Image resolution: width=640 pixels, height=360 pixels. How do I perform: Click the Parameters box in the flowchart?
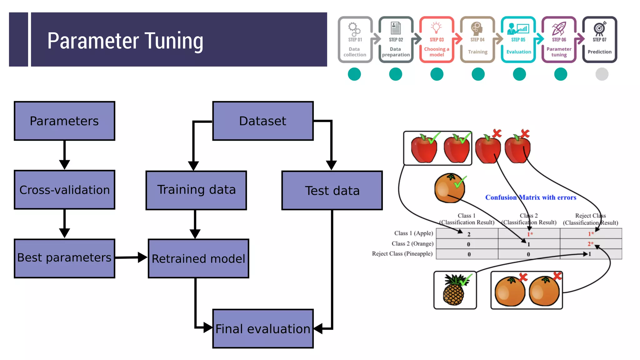pyautogui.click(x=64, y=121)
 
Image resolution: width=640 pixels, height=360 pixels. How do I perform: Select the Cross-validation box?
pyautogui.click(x=64, y=190)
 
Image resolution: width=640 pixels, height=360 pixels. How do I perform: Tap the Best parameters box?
pyautogui.click(x=64, y=258)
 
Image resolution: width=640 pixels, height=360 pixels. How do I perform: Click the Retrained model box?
pyautogui.click(x=198, y=258)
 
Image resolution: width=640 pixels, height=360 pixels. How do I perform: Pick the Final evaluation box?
pyautogui.click(x=263, y=328)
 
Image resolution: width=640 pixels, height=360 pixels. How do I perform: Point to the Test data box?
pyautogui.click(x=332, y=190)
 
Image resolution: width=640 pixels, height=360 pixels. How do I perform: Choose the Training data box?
pyautogui.click(x=196, y=190)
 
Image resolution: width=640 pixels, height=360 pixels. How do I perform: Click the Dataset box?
pyautogui.click(x=263, y=121)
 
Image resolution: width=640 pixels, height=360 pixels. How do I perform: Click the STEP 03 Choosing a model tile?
pyautogui.click(x=437, y=40)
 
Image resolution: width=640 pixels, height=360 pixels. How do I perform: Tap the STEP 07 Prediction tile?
pyautogui.click(x=599, y=40)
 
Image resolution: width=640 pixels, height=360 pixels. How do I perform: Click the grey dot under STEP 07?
pyautogui.click(x=602, y=74)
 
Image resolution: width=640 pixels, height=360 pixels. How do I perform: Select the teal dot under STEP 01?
pyautogui.click(x=354, y=74)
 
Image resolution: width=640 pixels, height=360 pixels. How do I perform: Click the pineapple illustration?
pyautogui.click(x=454, y=290)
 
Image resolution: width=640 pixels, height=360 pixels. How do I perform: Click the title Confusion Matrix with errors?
pyautogui.click(x=531, y=197)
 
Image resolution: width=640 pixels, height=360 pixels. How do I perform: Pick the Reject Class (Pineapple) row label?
pyautogui.click(x=402, y=254)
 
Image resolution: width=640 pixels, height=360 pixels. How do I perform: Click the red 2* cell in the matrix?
pyautogui.click(x=590, y=244)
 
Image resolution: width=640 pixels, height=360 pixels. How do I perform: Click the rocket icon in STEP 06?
pyautogui.click(x=559, y=28)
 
